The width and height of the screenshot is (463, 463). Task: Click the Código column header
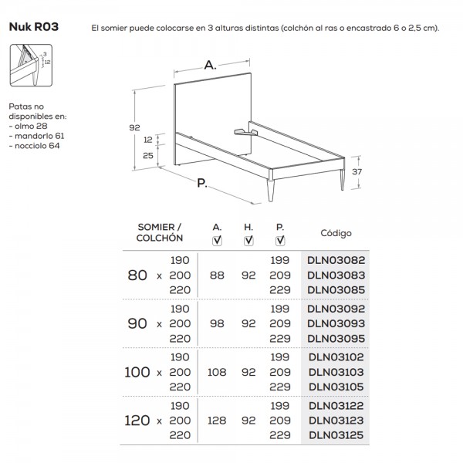pos(336,232)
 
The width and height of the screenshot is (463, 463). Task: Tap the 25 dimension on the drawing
pos(147,156)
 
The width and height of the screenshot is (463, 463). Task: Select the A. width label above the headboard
pos(210,67)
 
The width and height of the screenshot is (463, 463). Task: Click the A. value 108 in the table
pos(217,372)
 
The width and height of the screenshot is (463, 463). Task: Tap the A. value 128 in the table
pos(217,421)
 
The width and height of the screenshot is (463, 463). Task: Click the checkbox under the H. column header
pos(248,241)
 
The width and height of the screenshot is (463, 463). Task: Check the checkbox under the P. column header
pos(279,241)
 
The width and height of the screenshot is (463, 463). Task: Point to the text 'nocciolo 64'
pos(36,145)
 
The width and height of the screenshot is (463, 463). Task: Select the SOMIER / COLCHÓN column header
pos(160,232)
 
